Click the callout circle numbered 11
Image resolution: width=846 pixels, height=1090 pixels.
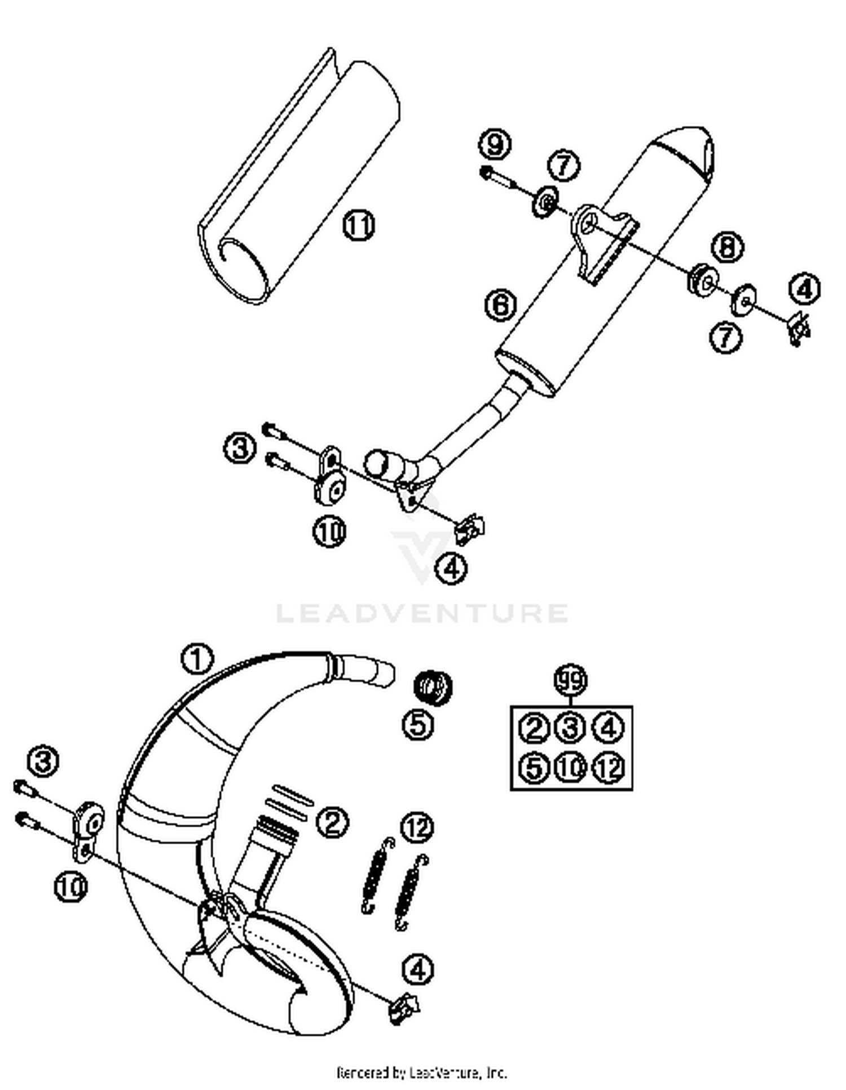point(359,225)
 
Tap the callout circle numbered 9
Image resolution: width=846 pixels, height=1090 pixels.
point(495,145)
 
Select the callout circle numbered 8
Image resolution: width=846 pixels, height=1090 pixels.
point(727,247)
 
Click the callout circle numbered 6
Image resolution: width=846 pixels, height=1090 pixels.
point(500,305)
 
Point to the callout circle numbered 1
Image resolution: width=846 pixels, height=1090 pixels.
point(197,658)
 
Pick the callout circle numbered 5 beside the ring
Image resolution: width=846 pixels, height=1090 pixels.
point(418,724)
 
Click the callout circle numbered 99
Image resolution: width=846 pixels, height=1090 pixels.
point(571,681)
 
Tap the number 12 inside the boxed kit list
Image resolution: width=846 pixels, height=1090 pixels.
point(608,768)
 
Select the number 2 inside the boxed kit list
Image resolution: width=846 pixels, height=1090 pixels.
point(533,729)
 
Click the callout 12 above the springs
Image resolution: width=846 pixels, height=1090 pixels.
point(417,827)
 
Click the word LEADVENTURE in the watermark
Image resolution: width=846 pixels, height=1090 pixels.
point(422,613)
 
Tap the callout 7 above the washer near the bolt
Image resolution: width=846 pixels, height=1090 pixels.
point(563,166)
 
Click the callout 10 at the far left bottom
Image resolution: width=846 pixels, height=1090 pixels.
point(71,887)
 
